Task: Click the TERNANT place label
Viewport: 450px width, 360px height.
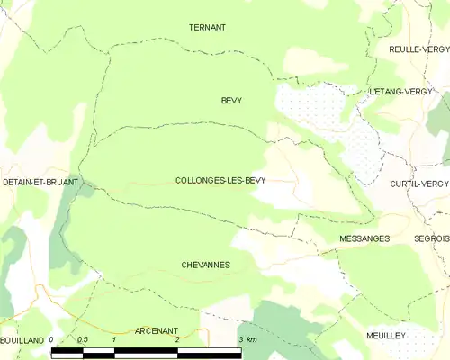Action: point(207,28)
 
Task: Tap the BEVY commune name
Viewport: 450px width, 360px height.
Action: point(231,101)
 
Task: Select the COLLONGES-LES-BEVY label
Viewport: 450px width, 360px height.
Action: point(220,181)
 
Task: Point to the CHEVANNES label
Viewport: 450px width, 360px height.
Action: point(205,265)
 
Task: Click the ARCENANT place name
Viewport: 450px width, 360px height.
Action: point(156,330)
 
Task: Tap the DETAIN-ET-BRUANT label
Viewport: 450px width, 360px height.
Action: point(40,183)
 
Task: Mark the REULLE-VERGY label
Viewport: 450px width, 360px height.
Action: point(418,49)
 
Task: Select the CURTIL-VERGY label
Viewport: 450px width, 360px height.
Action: point(418,184)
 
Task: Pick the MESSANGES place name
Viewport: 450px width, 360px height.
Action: point(364,238)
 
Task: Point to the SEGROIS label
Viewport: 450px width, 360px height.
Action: point(432,238)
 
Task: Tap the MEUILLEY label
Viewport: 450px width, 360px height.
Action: point(386,335)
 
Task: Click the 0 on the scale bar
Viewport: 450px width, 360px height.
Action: point(52,339)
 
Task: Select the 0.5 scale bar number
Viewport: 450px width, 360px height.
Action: point(83,339)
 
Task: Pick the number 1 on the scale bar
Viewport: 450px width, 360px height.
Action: point(114,339)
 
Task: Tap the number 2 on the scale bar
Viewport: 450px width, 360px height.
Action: point(177,339)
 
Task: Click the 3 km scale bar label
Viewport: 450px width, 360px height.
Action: point(247,339)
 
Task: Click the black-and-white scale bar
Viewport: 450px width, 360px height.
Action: point(146,353)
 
